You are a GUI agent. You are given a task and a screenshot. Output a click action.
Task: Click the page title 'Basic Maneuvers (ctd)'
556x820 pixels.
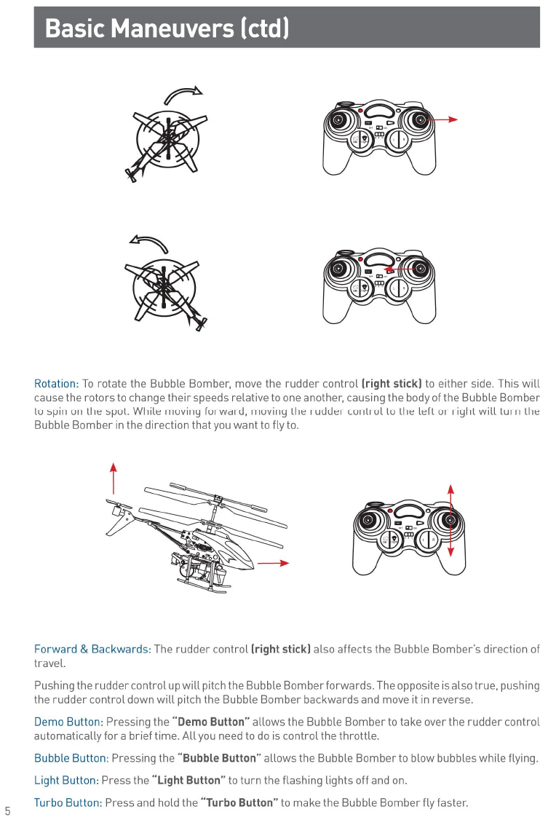167,28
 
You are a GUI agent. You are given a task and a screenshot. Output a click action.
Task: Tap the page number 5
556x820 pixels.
7,811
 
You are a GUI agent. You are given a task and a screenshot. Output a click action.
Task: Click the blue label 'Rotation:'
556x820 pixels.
56,384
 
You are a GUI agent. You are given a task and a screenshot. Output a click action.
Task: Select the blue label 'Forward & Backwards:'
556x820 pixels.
92,649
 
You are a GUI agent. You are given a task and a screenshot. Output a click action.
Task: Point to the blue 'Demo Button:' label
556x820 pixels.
68,722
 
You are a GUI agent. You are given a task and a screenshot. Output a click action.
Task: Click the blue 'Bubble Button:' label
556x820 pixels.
71,758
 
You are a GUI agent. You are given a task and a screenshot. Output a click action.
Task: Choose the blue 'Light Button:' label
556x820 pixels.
66,781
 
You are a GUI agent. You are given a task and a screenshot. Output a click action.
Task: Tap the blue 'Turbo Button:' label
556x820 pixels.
68,803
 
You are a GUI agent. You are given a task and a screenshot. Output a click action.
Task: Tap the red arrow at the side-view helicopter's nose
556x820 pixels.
274,563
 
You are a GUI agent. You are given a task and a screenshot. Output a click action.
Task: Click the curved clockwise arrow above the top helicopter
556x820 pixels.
183,95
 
